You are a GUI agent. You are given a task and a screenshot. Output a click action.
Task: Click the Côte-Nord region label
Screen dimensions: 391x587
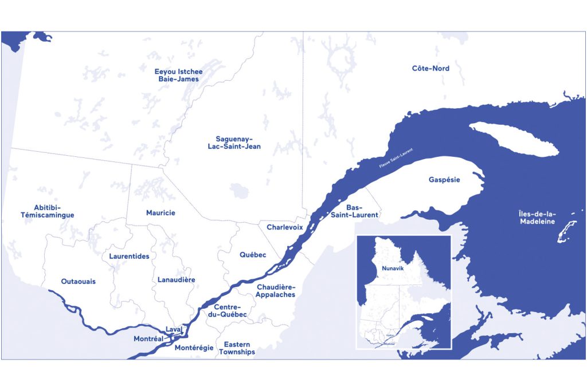tap(431, 69)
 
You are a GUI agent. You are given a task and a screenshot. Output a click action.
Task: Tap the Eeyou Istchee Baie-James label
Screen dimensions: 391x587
tap(179, 75)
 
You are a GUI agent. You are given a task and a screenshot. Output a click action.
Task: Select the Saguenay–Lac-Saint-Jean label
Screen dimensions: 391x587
tap(234, 143)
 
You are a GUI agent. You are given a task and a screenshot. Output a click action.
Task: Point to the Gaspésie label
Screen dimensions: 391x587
tap(444, 180)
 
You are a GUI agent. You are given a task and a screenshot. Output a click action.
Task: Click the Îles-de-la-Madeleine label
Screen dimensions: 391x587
tap(537, 218)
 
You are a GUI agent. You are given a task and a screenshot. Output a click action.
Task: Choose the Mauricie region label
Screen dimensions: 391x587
tap(161, 213)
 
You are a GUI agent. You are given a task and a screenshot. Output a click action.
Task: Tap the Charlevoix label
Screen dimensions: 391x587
tap(284, 227)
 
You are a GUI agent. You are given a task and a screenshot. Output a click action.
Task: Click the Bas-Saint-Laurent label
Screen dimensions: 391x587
tap(354, 211)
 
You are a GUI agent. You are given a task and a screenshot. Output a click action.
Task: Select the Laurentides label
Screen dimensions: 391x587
tap(129, 256)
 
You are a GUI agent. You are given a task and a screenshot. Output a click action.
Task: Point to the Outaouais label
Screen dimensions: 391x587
tap(79, 282)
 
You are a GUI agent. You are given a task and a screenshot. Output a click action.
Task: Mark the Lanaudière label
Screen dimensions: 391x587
tap(176, 280)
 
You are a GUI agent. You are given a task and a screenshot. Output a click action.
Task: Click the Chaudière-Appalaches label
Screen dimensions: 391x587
tap(276, 290)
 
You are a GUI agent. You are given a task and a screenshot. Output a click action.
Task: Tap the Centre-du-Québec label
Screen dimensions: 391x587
tap(226, 311)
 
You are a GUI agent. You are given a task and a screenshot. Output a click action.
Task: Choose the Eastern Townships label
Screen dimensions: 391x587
tap(237, 348)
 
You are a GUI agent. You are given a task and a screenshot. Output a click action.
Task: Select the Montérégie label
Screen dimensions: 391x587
tap(194, 347)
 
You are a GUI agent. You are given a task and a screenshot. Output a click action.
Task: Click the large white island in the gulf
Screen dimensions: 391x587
tap(513, 139)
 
